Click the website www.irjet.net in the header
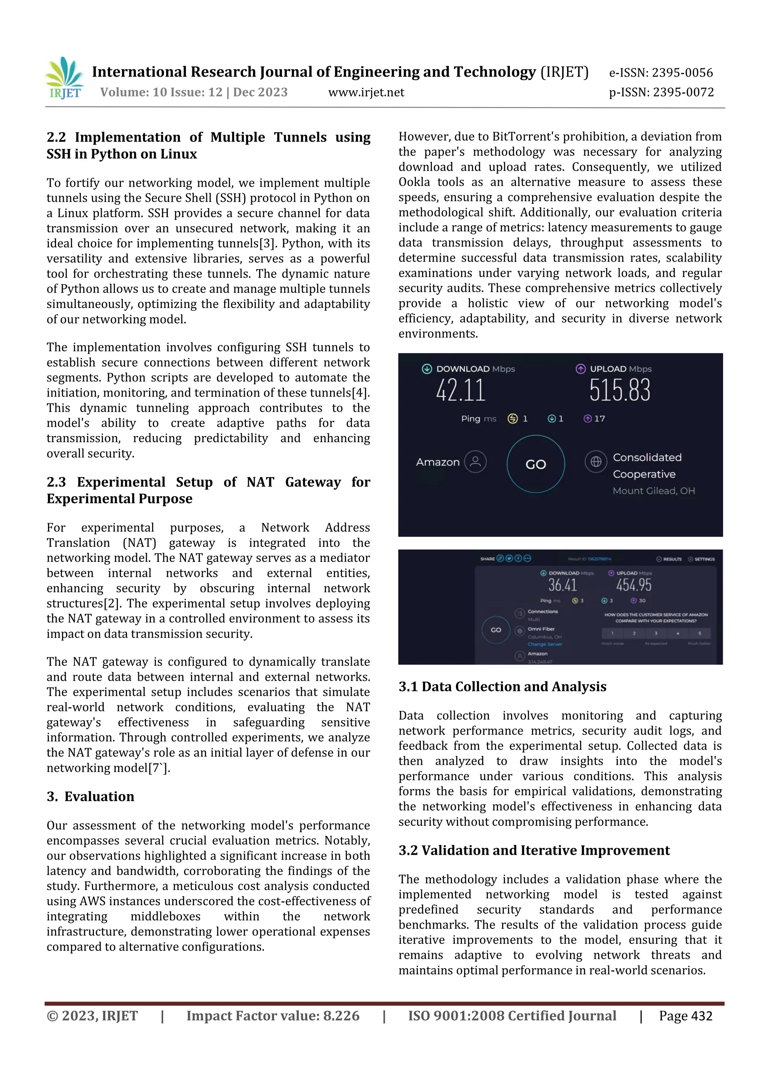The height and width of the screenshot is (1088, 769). click(366, 92)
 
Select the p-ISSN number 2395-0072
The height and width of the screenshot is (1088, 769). click(683, 92)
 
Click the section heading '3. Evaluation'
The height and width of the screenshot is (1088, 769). click(90, 796)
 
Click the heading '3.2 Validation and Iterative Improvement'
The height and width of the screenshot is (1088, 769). click(534, 850)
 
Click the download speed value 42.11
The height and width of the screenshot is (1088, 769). click(461, 391)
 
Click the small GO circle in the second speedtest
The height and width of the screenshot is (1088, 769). click(496, 630)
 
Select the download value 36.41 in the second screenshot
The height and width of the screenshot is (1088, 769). click(562, 585)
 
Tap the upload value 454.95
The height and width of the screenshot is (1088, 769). click(633, 585)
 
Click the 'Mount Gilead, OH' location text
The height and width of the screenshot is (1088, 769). click(653, 491)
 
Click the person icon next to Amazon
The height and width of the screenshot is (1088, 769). click(475, 462)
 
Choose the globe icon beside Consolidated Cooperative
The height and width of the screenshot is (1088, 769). click(596, 461)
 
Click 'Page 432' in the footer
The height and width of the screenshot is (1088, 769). click(685, 1016)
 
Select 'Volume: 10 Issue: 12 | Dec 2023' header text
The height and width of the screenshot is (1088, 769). click(194, 92)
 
